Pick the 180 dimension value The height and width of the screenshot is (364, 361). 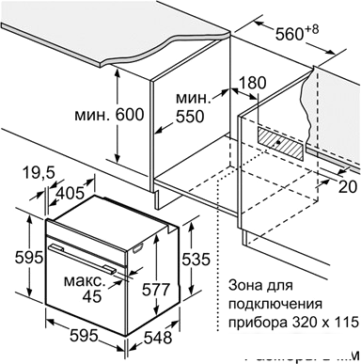pyautogui.click(x=253, y=83)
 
